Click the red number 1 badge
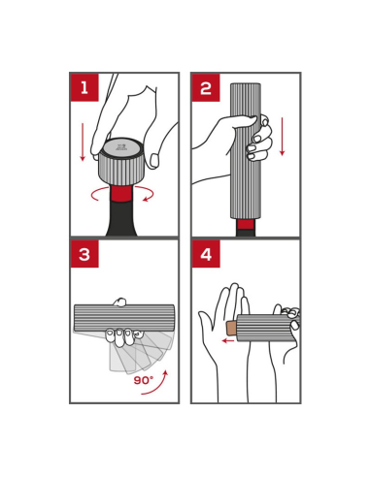[x=84, y=87]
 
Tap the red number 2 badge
[x=206, y=87]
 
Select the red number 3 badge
[x=84, y=254]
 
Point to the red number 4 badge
[x=206, y=254]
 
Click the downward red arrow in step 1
[x=83, y=142]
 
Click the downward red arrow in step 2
[x=283, y=137]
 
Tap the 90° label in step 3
[x=144, y=380]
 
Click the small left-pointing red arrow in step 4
[x=228, y=340]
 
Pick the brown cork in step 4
[x=232, y=329]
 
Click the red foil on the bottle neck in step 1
[x=121, y=193]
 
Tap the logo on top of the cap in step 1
[x=120, y=147]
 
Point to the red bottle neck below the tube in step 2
[x=246, y=224]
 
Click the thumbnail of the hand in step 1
[x=154, y=160]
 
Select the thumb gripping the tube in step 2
[x=241, y=121]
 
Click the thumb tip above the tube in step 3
[x=119, y=302]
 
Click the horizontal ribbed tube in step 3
[x=124, y=318]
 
